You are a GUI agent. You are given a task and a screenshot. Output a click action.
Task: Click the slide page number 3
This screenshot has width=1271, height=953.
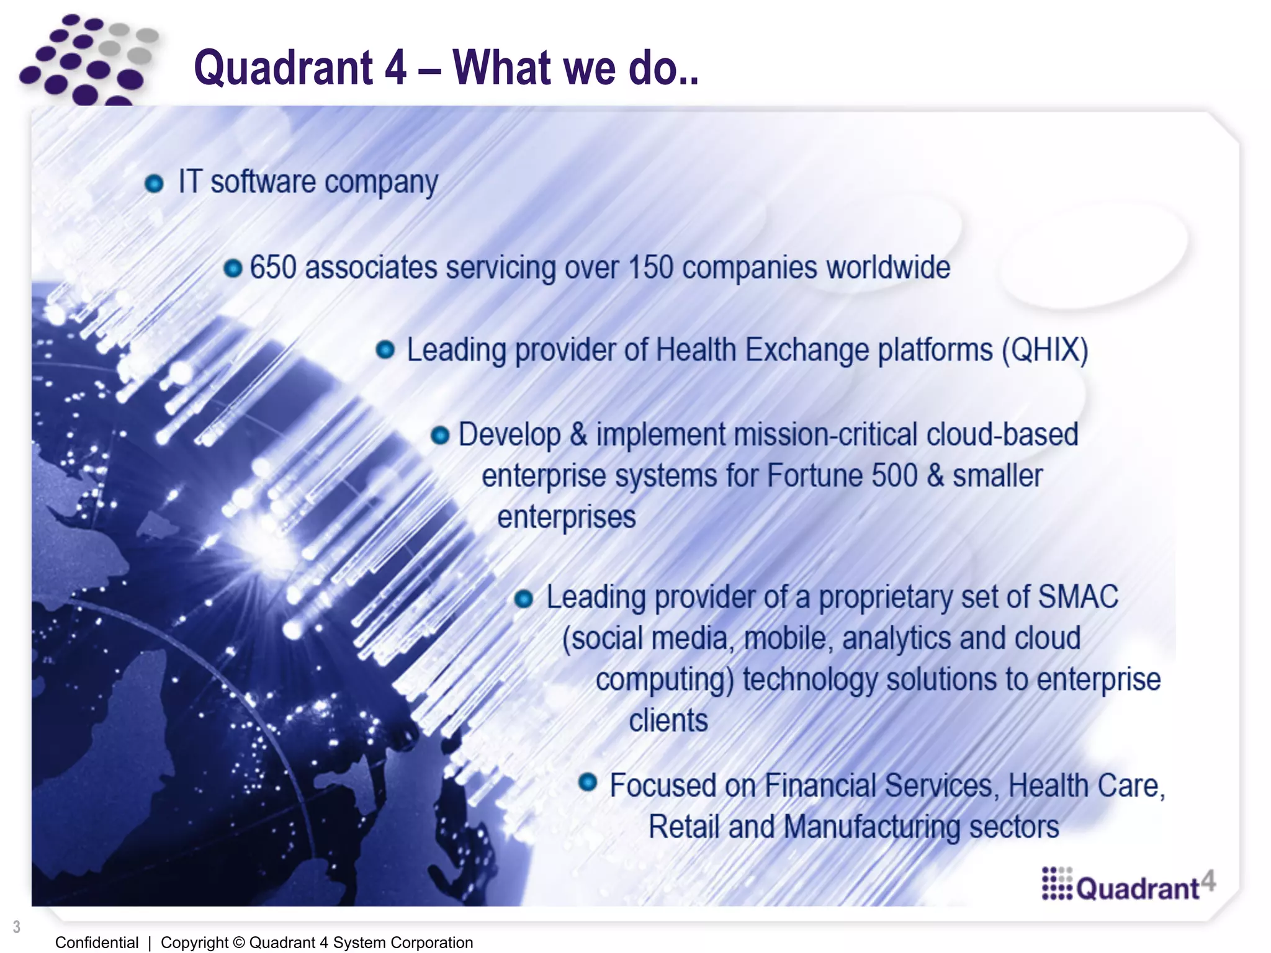[x=17, y=927]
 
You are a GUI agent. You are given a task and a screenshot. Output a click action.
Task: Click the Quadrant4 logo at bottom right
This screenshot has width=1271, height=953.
[x=1128, y=885]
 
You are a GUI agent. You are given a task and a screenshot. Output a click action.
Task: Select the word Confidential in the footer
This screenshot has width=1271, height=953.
[x=97, y=942]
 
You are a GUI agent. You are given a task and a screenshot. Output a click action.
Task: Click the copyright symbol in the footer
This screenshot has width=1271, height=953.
[x=239, y=942]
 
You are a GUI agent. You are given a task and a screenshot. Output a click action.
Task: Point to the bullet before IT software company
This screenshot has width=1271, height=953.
[x=154, y=184]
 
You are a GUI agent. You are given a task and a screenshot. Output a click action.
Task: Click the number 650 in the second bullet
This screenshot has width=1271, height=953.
[x=273, y=267]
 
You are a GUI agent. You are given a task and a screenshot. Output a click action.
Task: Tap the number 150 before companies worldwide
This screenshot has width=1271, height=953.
[x=650, y=267]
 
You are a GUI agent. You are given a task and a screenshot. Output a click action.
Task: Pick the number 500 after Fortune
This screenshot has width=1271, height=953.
[x=894, y=476]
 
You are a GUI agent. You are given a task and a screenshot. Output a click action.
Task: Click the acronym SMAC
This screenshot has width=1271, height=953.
[x=1078, y=596]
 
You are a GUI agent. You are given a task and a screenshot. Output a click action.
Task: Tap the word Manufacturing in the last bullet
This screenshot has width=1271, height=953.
[x=872, y=827]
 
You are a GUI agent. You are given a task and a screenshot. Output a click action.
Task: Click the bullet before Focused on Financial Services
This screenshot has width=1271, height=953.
[x=587, y=782]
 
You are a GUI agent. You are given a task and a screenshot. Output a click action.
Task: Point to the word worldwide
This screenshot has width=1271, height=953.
[x=888, y=267]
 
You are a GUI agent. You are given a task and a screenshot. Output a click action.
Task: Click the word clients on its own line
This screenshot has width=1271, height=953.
[x=668, y=720]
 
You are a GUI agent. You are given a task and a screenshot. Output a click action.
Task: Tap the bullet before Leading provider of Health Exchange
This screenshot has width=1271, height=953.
[x=385, y=350]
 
